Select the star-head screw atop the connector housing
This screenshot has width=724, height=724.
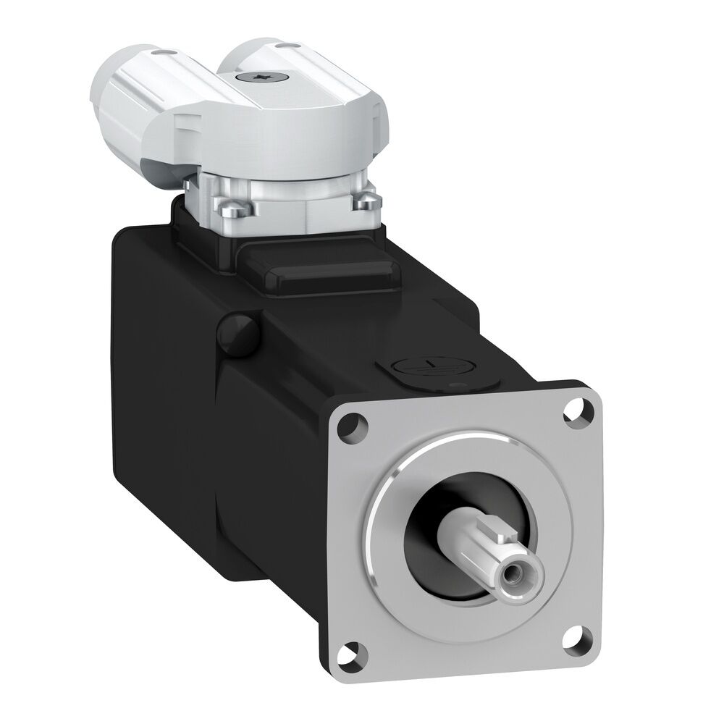(263, 77)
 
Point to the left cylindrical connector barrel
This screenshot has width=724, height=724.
(127, 109)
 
